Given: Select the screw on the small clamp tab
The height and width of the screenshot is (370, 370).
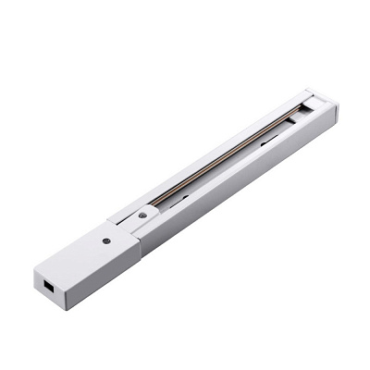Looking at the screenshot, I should pyautogui.click(x=142, y=216).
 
